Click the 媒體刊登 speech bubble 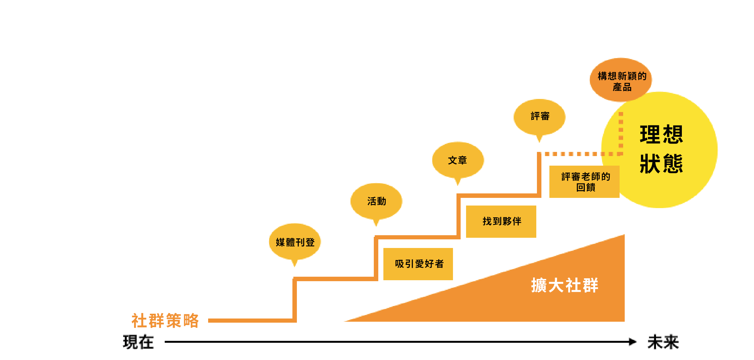point(295,242)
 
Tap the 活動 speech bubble point(376,201)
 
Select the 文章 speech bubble point(458,160)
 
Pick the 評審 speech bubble point(539,116)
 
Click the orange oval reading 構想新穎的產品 point(621,80)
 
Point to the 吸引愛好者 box point(418,264)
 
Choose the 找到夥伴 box point(501,221)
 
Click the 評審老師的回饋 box point(584,182)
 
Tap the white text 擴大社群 point(564,285)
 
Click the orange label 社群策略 point(165,320)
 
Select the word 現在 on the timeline point(139,342)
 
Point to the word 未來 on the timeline point(663,342)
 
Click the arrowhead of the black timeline point(632,342)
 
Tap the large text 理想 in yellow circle point(661,134)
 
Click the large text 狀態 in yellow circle point(661,164)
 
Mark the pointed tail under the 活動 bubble point(376,222)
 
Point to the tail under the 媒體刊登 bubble point(295,263)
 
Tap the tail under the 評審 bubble point(539,139)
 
